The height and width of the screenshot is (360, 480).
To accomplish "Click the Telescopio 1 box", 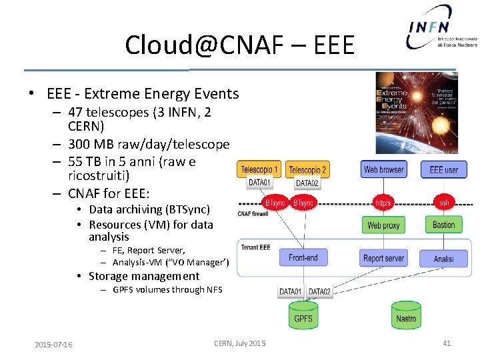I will (x=259, y=169).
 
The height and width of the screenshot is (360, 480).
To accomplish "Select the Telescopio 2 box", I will (x=307, y=170).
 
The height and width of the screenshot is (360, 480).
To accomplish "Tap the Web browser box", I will (x=383, y=169).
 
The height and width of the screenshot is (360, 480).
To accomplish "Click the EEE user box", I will (x=443, y=169).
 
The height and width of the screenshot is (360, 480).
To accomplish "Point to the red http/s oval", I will (x=383, y=201).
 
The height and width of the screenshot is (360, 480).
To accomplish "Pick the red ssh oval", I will (x=443, y=201).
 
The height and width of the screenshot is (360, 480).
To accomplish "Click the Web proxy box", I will (x=383, y=225).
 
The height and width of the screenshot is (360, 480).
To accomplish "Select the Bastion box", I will (x=443, y=225).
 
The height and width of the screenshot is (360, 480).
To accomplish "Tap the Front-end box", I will (x=303, y=257).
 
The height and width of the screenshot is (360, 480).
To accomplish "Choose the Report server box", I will (x=383, y=258).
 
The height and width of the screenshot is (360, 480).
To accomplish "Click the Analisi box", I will (x=443, y=258).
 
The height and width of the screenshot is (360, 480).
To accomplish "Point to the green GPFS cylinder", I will (x=303, y=315).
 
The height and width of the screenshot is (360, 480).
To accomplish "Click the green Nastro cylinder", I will (x=406, y=315).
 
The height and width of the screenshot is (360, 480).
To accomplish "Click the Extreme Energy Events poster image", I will (x=417, y=113).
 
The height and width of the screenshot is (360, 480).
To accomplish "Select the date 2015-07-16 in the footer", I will (x=54, y=344).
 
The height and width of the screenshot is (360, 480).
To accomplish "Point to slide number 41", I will (x=447, y=343).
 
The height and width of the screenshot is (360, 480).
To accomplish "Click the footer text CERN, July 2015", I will (x=239, y=343).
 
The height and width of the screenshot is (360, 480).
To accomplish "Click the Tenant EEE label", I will (x=255, y=247).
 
